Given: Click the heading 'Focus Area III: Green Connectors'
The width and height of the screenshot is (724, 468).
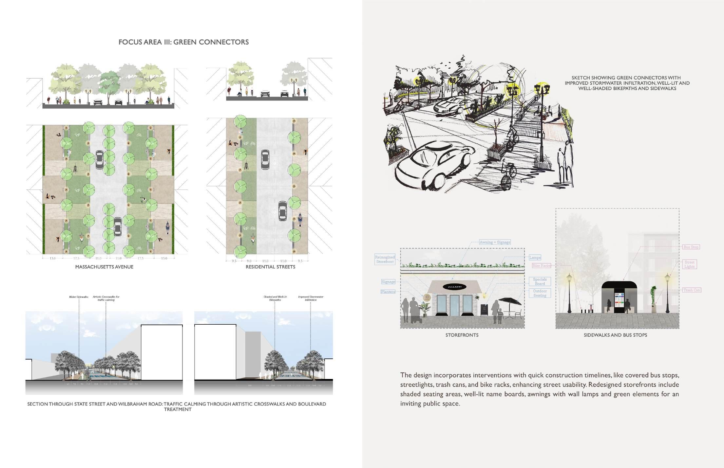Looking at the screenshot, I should [183, 42].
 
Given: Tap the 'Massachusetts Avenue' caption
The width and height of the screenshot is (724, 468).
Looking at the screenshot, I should [104, 267].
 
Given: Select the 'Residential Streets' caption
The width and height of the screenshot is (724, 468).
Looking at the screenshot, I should [270, 267].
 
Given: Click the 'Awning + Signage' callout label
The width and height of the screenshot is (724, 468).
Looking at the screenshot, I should [495, 242].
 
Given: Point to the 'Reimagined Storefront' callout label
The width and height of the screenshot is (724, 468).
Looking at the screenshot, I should [385, 260].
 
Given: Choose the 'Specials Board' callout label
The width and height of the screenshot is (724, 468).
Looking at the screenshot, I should [540, 281].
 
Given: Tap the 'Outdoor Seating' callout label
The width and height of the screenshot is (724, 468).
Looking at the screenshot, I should [540, 293].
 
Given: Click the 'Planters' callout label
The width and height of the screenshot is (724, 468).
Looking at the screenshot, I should [388, 292].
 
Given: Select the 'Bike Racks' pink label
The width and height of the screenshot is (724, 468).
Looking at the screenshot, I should [541, 266].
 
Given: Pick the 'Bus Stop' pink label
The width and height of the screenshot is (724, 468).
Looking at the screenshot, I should [691, 247].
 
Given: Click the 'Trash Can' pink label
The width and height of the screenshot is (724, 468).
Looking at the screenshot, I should [692, 290].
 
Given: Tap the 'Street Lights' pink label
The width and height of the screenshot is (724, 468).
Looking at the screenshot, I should [689, 264].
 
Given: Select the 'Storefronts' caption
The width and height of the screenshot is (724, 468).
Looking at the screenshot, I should [462, 335].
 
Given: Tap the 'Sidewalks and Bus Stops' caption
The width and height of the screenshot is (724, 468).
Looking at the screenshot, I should [615, 335].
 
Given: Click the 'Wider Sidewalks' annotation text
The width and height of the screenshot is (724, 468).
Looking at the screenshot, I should [79, 297].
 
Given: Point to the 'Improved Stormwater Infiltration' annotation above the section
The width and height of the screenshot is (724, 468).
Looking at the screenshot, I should [311, 298].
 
